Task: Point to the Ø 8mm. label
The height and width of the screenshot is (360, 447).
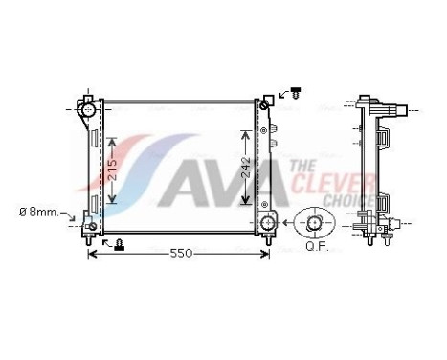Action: (40, 212)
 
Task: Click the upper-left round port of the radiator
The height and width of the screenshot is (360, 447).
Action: (89, 111)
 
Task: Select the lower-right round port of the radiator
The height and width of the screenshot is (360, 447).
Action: (267, 224)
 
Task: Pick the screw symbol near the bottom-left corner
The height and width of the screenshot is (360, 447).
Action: (118, 245)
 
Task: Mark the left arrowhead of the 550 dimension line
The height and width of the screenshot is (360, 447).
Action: (92, 254)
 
